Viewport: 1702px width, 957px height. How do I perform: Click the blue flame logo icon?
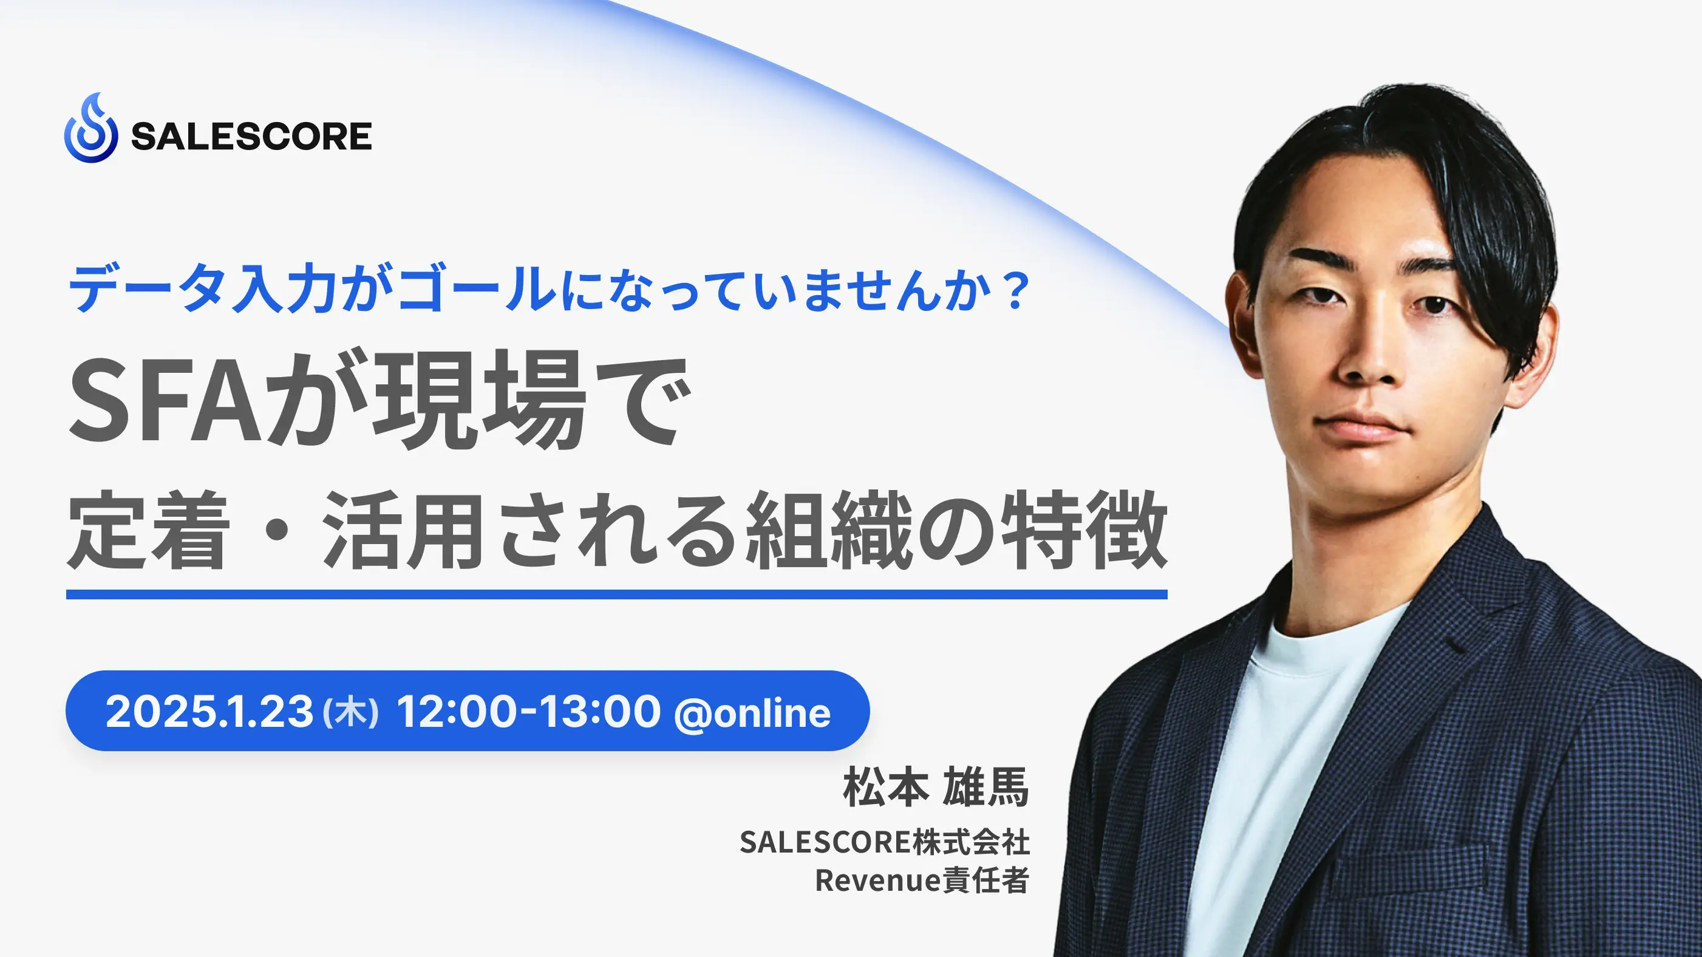(91, 128)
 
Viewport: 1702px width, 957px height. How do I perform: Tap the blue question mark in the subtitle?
(1012, 290)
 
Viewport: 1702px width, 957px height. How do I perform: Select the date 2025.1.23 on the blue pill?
(209, 712)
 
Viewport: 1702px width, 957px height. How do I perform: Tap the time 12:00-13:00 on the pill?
(528, 712)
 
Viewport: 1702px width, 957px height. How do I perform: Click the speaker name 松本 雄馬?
(936, 787)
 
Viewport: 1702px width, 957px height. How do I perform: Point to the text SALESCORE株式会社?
(884, 842)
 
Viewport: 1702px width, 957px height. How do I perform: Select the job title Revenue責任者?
(922, 880)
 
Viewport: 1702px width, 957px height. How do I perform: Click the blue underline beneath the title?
(616, 594)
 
